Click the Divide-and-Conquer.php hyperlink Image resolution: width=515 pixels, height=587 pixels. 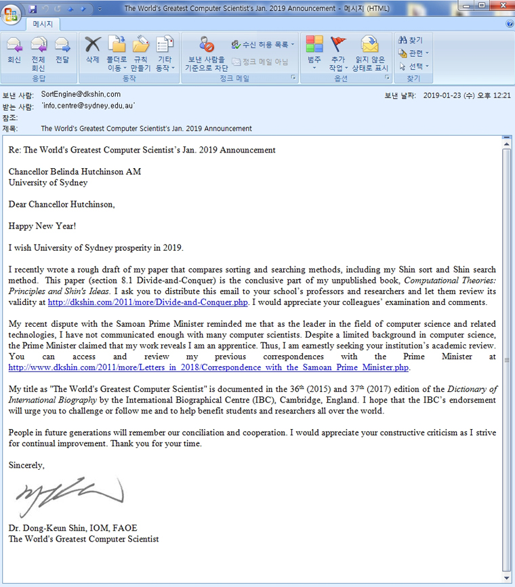pos(148,302)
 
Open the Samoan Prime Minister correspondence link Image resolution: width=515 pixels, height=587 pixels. pos(209,367)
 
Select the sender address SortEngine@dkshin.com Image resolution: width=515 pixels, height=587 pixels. pos(81,94)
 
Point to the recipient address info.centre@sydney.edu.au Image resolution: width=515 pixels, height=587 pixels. pos(87,106)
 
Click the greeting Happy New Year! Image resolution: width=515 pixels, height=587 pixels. pos(42,226)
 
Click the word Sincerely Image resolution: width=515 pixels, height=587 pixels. pos(26,465)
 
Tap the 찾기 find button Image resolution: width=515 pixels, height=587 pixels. pos(411,41)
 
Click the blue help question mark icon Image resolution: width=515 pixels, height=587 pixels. pos(510,24)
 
